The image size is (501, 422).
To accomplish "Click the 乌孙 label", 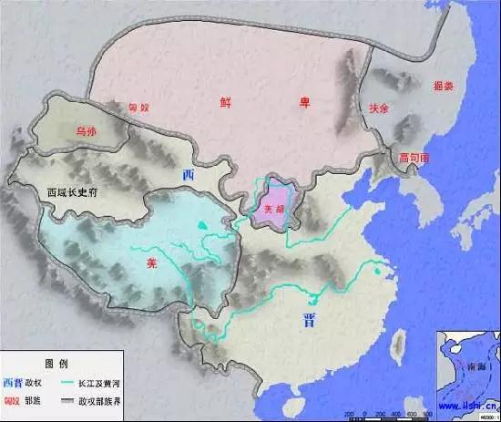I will click(x=87, y=129).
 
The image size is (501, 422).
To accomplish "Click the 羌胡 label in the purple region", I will click(x=273, y=209).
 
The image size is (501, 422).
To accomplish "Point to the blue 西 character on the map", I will click(x=188, y=174).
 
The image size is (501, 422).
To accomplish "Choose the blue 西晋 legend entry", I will click(x=15, y=380).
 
